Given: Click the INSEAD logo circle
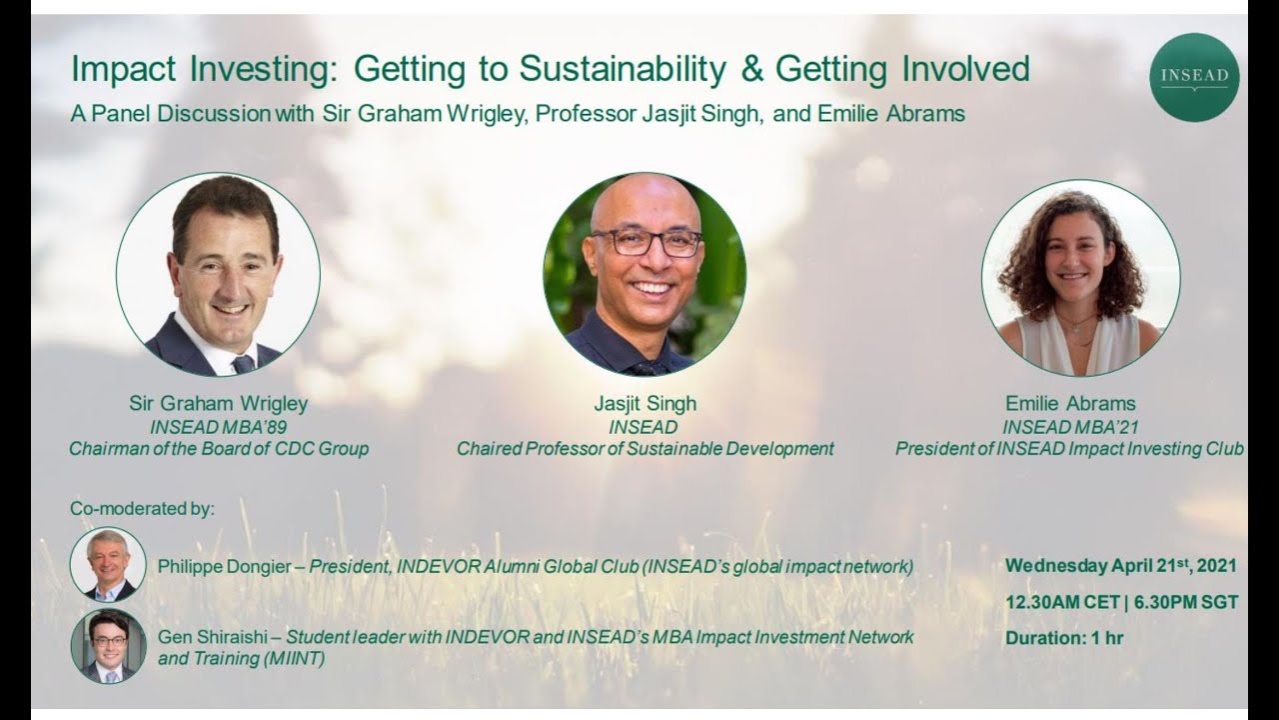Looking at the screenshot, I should click(x=1194, y=77).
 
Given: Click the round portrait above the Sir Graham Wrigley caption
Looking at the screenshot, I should click(x=218, y=274).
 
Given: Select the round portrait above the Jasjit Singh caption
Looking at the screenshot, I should click(x=644, y=274).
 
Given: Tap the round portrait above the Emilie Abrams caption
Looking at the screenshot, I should click(x=1080, y=278).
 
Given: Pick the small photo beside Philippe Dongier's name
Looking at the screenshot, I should click(x=108, y=565).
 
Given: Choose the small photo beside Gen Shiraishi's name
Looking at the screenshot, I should click(x=108, y=646).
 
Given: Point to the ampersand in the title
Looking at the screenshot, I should click(x=750, y=69).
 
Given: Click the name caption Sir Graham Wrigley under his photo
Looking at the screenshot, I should click(x=218, y=404).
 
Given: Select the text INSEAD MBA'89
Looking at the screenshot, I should click(x=218, y=427).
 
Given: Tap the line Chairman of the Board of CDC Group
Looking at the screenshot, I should click(x=218, y=449).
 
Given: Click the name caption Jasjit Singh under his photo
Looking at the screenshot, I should click(x=644, y=404).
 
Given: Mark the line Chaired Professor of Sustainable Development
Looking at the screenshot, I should click(x=644, y=449).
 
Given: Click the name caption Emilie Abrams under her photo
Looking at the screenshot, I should click(x=1070, y=404).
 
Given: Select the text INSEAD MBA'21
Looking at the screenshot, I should click(x=1070, y=427).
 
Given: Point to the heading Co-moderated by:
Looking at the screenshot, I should click(x=142, y=509).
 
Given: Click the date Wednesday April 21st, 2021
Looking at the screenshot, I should click(x=1120, y=566).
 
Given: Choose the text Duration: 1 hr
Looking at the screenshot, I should click(x=1064, y=638).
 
